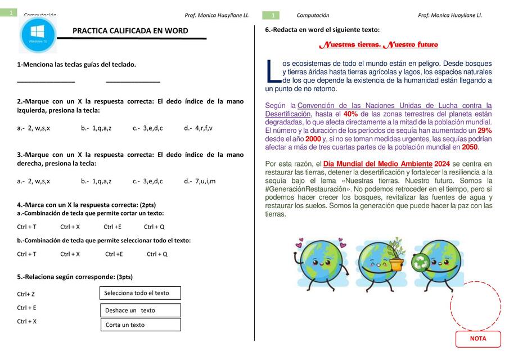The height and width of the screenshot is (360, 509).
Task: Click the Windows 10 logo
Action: point(38,34)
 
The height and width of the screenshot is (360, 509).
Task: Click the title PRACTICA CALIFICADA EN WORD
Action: point(130,31)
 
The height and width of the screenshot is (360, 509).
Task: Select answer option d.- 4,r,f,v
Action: point(198,128)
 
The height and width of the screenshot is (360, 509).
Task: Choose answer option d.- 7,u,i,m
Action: point(200,181)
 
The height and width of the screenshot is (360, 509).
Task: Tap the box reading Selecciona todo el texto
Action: point(140,293)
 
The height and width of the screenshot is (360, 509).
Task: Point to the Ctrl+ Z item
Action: point(26,294)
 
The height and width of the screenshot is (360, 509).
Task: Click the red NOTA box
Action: point(478,339)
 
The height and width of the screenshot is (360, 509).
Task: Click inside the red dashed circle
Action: point(475,307)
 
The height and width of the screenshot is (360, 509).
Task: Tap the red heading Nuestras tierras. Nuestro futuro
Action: point(379,45)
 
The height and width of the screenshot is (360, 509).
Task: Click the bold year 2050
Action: point(470,147)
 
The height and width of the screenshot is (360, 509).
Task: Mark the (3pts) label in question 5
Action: point(124,277)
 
